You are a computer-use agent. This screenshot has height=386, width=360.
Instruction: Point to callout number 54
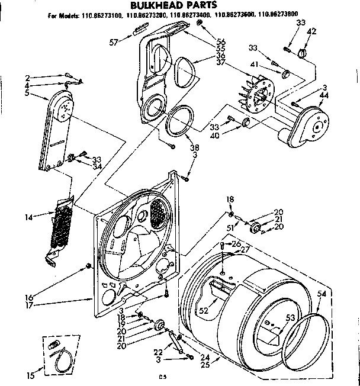click(x=322, y=294)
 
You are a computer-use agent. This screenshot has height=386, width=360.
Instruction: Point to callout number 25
click(x=205, y=365)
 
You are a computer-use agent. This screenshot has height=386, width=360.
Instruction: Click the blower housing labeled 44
click(x=309, y=124)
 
